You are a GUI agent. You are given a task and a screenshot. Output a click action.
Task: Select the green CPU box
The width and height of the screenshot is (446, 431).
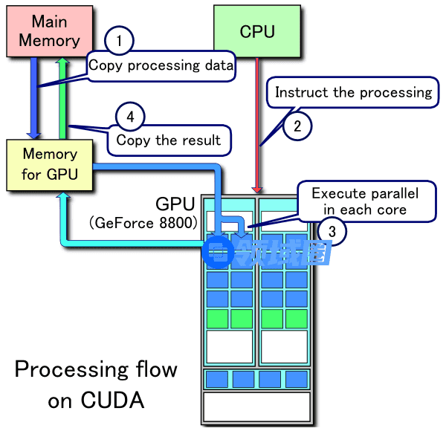(x=257, y=31)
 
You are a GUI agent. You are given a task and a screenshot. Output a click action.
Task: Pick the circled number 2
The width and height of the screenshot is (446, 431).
(x=297, y=126)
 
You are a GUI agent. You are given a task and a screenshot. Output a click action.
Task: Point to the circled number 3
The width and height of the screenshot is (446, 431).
(x=332, y=233)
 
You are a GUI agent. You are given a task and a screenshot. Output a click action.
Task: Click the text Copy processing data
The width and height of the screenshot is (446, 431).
(x=161, y=65)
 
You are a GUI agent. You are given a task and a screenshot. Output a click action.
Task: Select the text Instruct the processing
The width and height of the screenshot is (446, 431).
(x=353, y=93)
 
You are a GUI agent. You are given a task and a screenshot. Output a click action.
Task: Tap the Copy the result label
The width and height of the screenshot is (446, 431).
(x=169, y=140)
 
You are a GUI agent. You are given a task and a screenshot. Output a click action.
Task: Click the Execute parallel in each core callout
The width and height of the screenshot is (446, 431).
(x=365, y=201)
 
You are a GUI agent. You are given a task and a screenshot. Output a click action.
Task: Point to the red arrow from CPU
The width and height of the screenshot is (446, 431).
(x=257, y=126)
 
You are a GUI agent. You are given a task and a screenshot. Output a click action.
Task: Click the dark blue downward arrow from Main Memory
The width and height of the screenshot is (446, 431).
(x=33, y=97)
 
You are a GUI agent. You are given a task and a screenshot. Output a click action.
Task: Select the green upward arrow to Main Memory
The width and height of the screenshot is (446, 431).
(x=64, y=97)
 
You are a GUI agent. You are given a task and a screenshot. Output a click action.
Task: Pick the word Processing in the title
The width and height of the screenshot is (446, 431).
(x=63, y=369)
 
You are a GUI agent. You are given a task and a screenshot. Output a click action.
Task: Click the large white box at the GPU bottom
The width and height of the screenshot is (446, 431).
(x=256, y=406)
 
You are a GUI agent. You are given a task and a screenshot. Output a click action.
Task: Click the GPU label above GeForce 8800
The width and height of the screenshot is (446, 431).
(x=175, y=204)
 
